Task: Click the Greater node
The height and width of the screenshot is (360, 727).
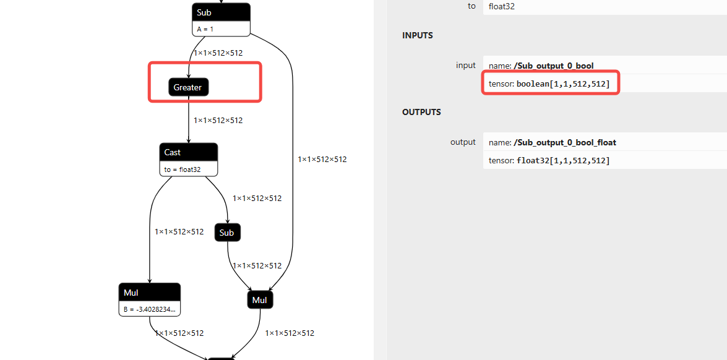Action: click(x=188, y=87)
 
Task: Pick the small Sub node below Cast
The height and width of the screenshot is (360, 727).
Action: click(x=227, y=233)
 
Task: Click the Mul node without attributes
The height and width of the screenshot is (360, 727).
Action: click(x=260, y=300)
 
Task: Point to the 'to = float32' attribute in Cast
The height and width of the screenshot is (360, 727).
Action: click(x=182, y=168)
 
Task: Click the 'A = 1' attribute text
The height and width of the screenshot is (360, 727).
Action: click(x=205, y=29)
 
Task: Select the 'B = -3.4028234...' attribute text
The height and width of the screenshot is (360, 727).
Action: click(x=149, y=309)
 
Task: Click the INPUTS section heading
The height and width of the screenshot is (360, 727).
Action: click(x=418, y=35)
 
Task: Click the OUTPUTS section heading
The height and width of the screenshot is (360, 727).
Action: click(x=421, y=112)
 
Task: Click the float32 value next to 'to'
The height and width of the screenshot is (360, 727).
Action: click(x=502, y=6)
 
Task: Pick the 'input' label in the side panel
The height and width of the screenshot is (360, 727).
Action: click(x=465, y=65)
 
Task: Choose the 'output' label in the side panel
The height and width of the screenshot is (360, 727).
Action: click(x=463, y=142)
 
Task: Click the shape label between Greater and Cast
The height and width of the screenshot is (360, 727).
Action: click(x=218, y=120)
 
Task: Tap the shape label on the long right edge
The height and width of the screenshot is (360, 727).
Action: click(x=322, y=159)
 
